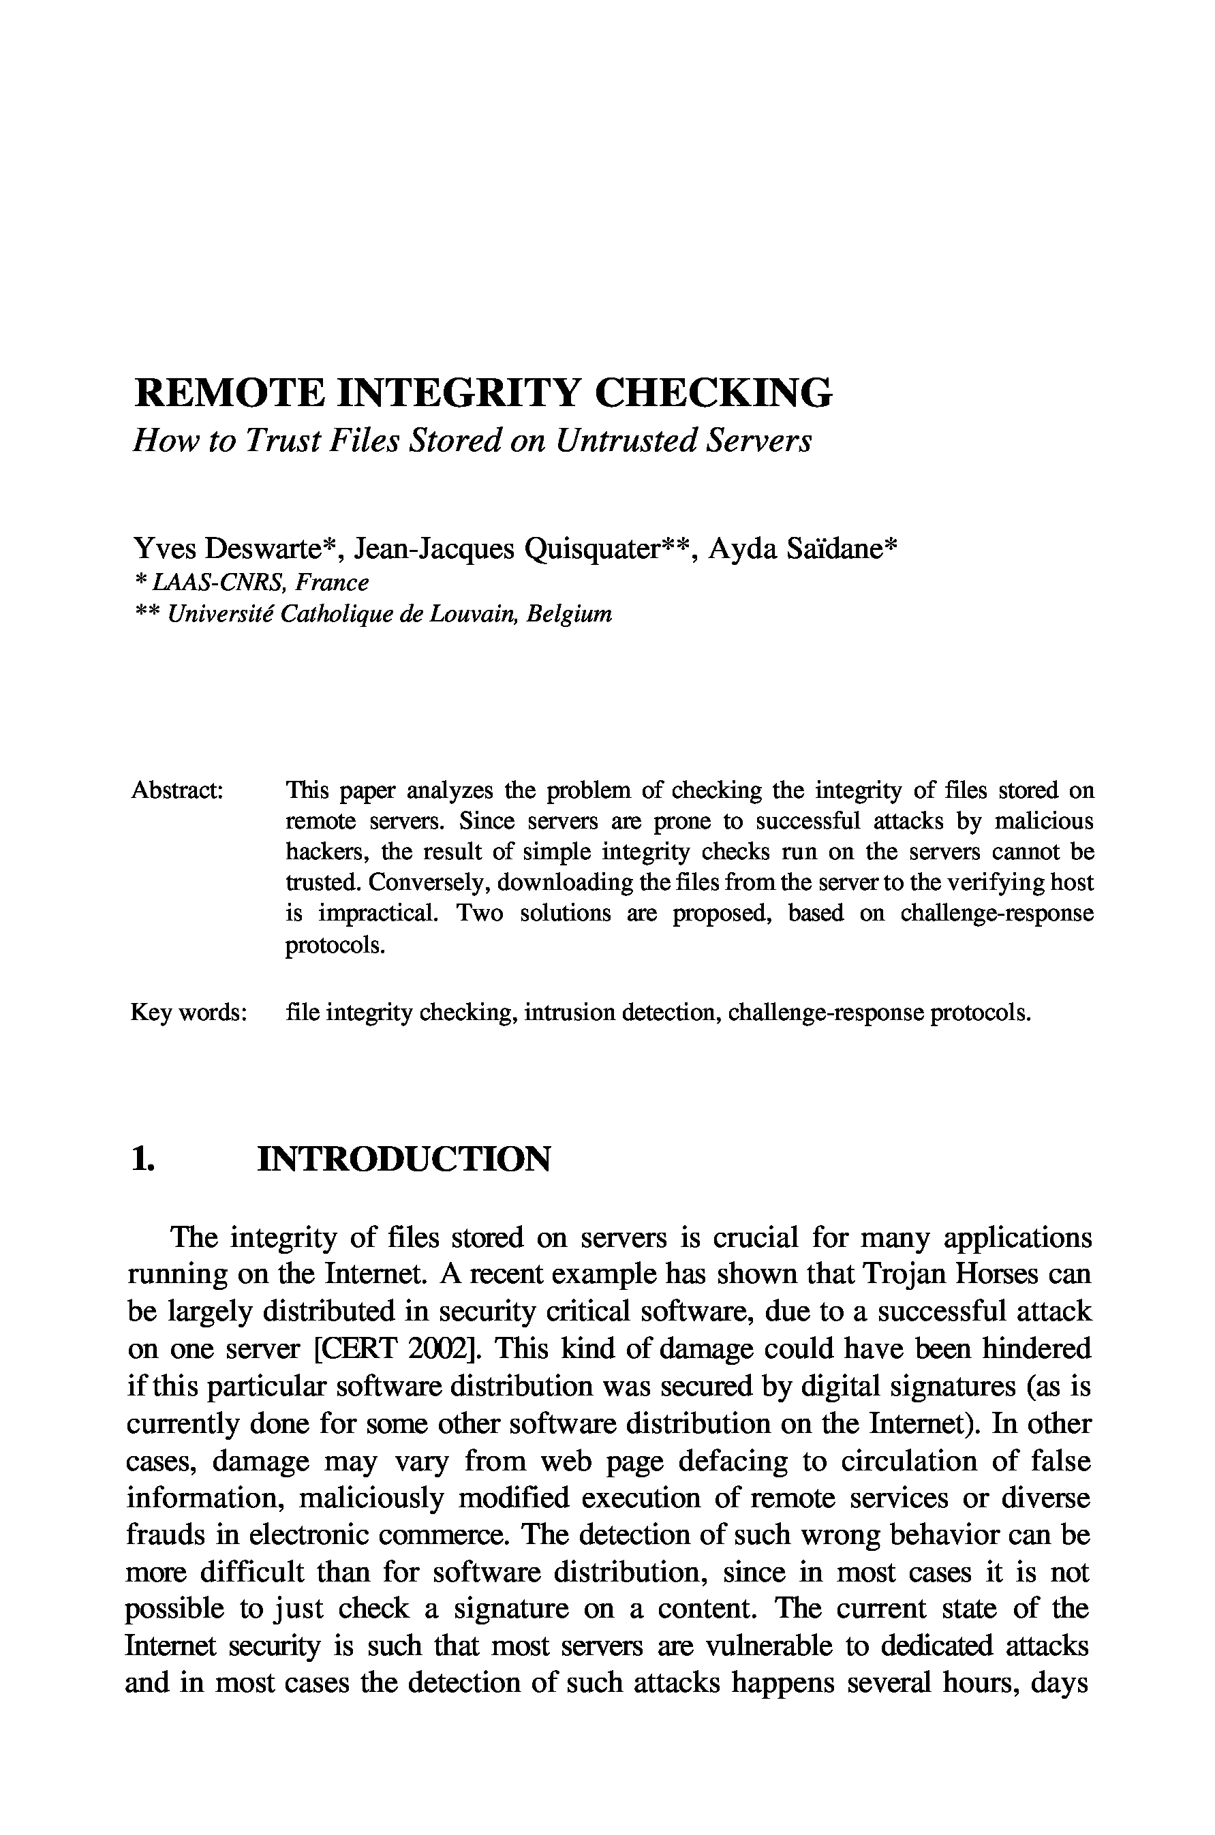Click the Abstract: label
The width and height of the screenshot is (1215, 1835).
tap(177, 790)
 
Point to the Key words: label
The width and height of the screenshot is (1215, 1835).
tap(188, 1013)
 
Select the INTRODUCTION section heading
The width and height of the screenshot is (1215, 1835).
tap(403, 1159)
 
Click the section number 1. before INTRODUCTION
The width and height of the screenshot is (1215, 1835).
tap(142, 1159)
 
